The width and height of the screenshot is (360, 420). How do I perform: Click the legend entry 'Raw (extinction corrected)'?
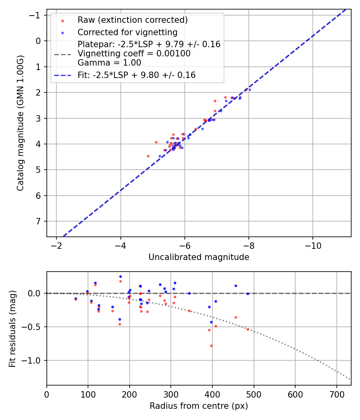pos(132,20)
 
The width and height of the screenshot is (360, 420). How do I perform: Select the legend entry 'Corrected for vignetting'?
pos(127,32)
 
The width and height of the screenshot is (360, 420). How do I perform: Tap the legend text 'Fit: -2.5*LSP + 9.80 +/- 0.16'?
pos(136,75)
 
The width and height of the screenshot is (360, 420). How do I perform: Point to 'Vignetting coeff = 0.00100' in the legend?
pos(134,54)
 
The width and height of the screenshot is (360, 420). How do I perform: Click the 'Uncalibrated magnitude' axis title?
pos(199,257)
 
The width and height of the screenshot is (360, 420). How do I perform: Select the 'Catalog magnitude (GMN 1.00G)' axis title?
pos(20,123)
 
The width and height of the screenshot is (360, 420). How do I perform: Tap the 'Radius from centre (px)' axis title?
pos(199,406)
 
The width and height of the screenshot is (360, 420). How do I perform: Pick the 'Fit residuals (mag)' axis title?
pos(12,329)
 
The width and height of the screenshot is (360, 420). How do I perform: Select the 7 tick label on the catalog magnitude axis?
pos(39,221)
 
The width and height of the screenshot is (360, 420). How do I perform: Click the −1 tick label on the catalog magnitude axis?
pos(37,15)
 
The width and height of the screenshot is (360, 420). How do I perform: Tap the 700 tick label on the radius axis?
pos(337,394)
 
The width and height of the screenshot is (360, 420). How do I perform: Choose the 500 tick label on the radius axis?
pos(254,394)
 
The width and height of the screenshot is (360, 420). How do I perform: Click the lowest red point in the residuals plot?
pos(211,346)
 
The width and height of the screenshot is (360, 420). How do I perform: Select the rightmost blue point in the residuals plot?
pos(248,294)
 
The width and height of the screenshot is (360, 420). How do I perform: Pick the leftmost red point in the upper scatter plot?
pos(148,156)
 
